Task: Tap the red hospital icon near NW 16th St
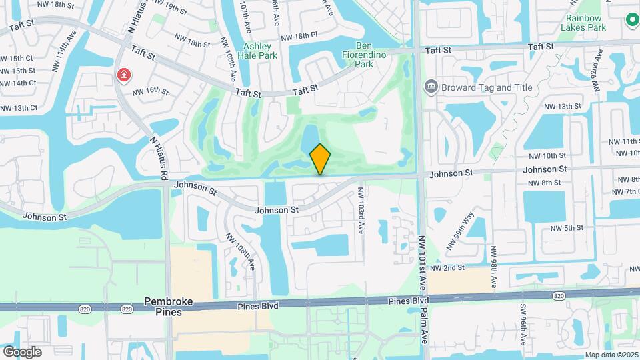[123, 75]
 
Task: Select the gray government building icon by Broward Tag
[431, 87]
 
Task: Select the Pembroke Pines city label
[169, 307]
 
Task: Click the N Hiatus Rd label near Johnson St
[161, 159]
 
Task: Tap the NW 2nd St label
[447, 267]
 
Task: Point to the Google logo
[22, 351]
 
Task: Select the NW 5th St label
[567, 228]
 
